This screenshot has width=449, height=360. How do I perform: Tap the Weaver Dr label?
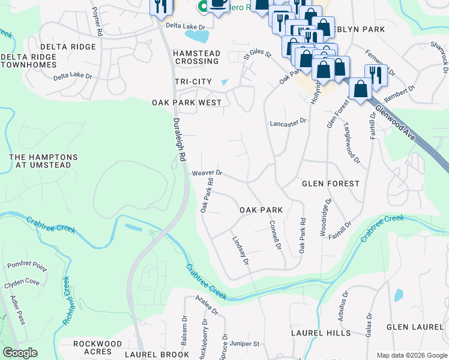click(x=207, y=173)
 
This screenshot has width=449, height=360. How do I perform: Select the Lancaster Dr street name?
click(x=288, y=121)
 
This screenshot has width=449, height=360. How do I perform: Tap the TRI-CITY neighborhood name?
click(x=193, y=82)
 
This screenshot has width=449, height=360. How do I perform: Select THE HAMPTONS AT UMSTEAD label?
click(x=43, y=161)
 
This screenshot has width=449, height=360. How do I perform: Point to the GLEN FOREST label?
click(x=330, y=184)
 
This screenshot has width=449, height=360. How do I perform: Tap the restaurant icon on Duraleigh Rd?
click(x=161, y=6)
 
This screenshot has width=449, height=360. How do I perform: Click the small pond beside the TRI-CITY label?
click(x=225, y=82)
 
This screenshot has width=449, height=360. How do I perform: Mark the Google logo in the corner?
click(x=20, y=353)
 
